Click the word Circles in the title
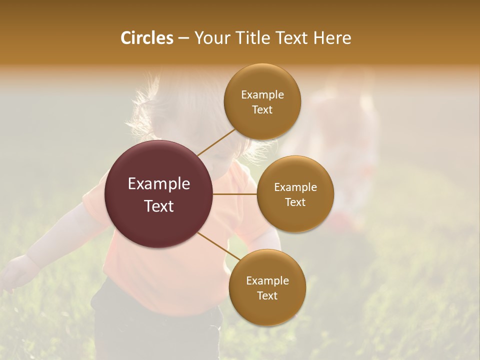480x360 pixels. tap(146, 38)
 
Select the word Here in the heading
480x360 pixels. tap(332, 38)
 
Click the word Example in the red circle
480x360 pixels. tap(159, 184)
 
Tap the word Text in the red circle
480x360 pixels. tap(159, 206)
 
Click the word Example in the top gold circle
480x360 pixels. tap(262, 95)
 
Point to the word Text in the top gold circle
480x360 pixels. tap(262, 110)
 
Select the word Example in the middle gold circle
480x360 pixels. tap(295, 187)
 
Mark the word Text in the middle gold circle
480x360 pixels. tap(295, 202)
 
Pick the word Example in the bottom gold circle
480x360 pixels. tap(267, 281)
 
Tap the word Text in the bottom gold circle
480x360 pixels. tap(267, 296)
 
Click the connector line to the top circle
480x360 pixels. tap(216, 143)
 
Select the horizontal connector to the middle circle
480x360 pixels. tap(234, 194)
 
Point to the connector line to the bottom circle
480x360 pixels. tap(219, 245)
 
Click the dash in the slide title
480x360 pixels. tap(183, 38)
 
